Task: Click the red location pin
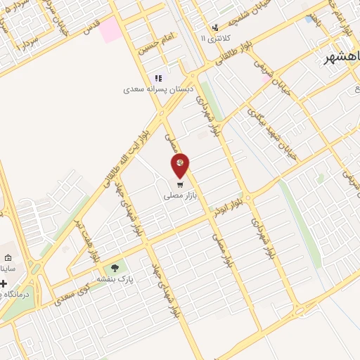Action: coord(180,166)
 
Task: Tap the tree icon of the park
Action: coord(114,268)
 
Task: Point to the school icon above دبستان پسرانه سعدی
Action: coord(158,78)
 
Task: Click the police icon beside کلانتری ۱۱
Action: coord(225,37)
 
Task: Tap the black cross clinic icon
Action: coord(4,283)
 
